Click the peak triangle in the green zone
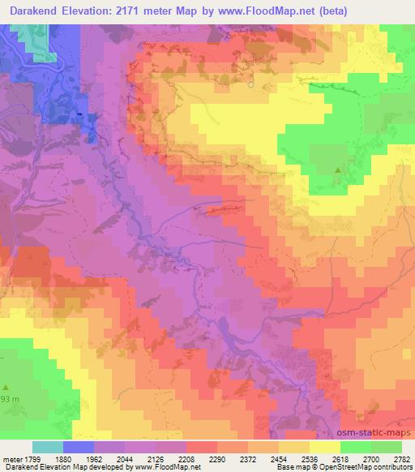click(x=338, y=169)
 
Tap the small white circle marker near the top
click(x=250, y=84)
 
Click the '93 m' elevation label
click(x=8, y=401)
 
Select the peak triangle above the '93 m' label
click(x=6, y=388)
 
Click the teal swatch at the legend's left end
click(x=48, y=447)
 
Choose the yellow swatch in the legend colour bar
click(x=324, y=447)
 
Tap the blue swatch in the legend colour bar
click(x=79, y=447)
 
